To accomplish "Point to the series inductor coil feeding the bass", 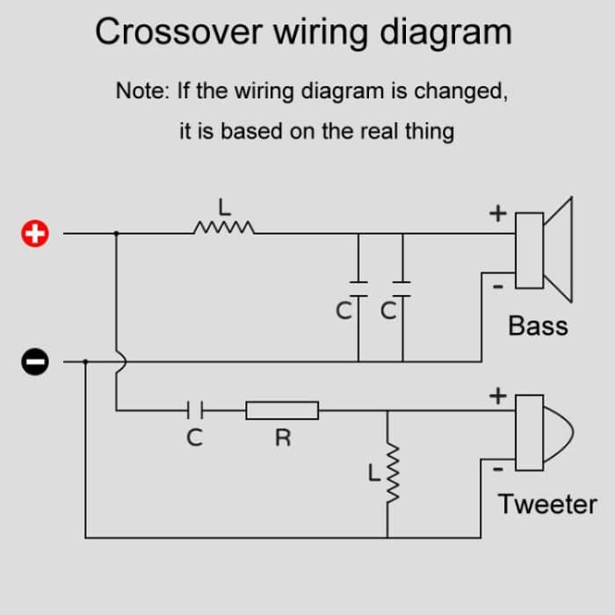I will pos(224,229).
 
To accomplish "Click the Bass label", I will pos(538,326).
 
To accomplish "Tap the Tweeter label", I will pos(546,504).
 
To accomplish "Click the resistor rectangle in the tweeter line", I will pos(282,409).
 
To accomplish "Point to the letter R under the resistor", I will pos(283,438).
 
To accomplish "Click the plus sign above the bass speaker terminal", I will pos(498,213).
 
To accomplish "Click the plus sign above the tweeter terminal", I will pos(498,396).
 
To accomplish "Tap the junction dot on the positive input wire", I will pos(117,234).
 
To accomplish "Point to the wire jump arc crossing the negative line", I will pos(119,360).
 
